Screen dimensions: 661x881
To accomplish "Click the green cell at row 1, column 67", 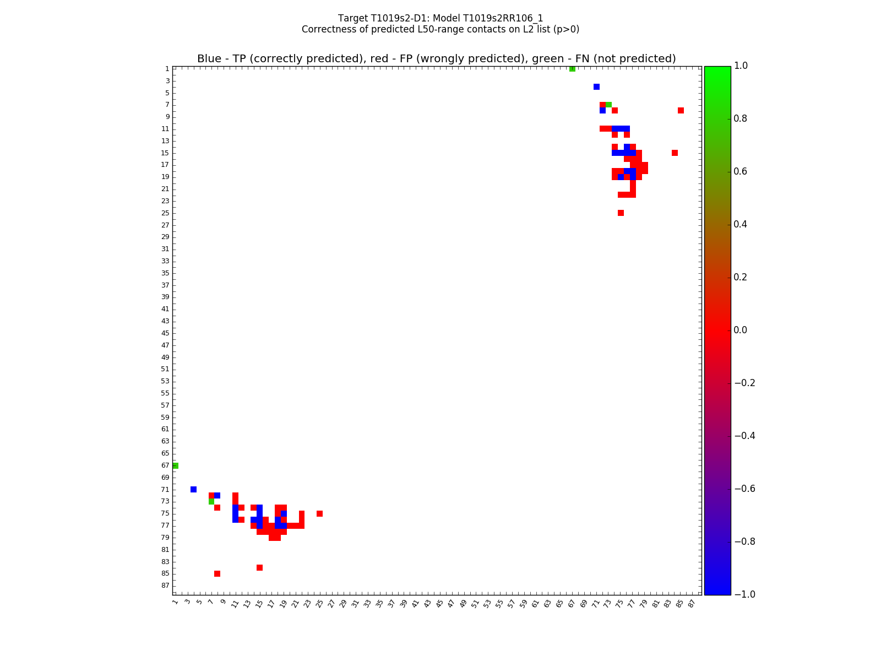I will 572,69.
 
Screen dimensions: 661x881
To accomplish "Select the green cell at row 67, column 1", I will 175,465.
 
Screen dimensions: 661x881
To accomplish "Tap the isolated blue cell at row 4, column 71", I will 596,86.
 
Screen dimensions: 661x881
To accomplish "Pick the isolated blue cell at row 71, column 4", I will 193,489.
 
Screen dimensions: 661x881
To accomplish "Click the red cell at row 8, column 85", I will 681,111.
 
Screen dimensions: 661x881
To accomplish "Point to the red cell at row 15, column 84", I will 675,153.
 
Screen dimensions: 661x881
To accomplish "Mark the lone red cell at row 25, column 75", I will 621,213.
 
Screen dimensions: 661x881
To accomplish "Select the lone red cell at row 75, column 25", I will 319,513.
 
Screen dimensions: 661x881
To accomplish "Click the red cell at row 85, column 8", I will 217,573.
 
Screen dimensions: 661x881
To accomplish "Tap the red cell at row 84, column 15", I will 259,567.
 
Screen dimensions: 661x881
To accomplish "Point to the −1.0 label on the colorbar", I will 744,594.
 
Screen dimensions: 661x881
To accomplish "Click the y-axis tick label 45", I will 165,333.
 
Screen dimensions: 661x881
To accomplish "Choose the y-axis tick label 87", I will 165,586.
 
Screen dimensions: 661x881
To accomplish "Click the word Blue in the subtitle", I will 209,59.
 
